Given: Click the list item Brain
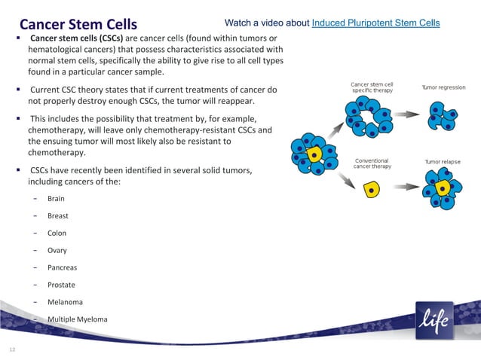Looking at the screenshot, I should (56, 199).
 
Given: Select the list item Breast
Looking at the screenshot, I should (57, 216).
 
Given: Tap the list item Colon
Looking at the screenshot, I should (57, 233).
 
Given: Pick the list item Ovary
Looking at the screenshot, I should (57, 251).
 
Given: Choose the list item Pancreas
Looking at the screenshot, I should (62, 268).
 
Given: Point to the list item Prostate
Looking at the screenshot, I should (61, 285).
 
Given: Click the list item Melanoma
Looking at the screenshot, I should (65, 303).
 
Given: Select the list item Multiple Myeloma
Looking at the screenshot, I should (77, 319).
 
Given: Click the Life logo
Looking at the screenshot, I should (434, 320).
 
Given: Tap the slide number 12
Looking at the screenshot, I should (12, 349).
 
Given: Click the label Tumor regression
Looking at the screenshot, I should (443, 87).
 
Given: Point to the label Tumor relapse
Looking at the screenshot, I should (442, 161).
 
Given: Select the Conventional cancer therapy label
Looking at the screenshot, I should (372, 163).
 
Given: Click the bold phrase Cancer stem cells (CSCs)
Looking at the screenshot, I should (76, 38).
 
